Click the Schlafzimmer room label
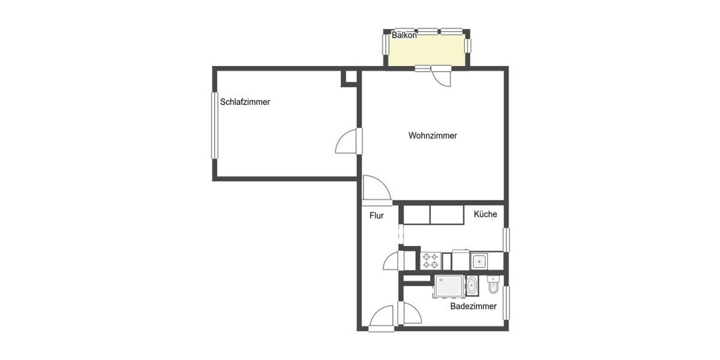coord(245,102)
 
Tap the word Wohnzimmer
coord(433,136)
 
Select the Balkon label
coord(404,35)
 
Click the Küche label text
coord(485,214)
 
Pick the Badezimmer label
coord(473,306)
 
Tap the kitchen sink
coord(479,261)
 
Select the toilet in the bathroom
coord(493,287)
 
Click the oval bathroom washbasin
coord(472,287)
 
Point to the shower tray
coord(449,286)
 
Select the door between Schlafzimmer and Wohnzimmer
coord(348,143)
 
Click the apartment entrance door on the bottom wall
coord(382,319)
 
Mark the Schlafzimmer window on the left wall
coord(214,125)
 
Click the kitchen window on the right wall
coord(506,239)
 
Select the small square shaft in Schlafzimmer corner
coord(349,78)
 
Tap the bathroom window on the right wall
coord(506,302)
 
